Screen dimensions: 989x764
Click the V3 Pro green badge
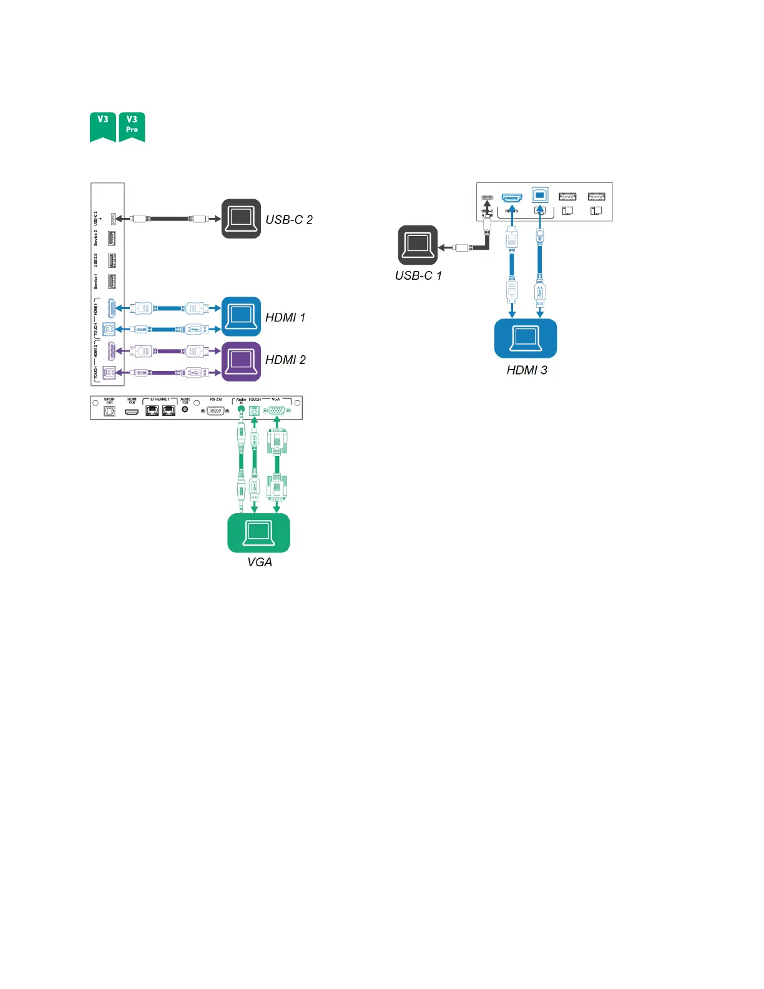(x=132, y=126)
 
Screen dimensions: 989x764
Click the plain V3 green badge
(x=103, y=126)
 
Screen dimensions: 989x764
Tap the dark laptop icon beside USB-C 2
(x=241, y=219)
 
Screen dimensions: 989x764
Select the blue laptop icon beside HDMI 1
(x=241, y=317)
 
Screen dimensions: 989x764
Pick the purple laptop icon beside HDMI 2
(x=241, y=361)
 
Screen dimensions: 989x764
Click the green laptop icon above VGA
(x=258, y=533)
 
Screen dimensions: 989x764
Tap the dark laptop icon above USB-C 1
(x=418, y=245)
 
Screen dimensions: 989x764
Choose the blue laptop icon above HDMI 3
(x=526, y=338)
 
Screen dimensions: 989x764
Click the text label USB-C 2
(x=289, y=220)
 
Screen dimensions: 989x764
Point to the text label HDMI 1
(x=285, y=318)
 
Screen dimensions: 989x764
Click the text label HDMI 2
(x=285, y=360)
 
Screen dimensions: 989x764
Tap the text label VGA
(x=260, y=563)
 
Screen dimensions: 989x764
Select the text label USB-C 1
(x=418, y=276)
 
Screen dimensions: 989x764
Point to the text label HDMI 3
(x=527, y=371)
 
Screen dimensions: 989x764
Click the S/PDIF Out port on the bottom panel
(x=109, y=411)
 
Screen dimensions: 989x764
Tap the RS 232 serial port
(x=215, y=411)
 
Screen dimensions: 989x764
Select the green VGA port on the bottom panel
(x=276, y=410)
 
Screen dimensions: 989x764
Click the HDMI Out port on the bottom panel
(x=132, y=411)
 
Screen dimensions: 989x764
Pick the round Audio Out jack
(x=185, y=410)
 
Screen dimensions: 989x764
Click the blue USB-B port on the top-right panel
(x=540, y=195)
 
